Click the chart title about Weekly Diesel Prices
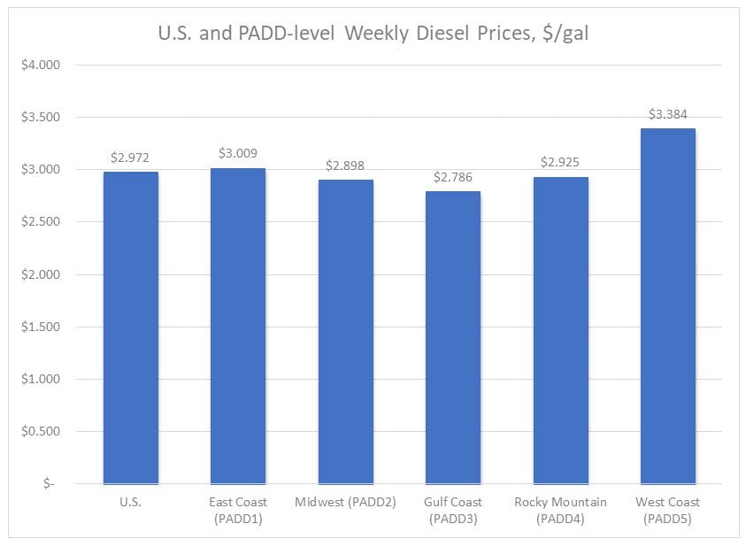click(373, 35)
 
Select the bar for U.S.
click(131, 327)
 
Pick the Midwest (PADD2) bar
click(346, 331)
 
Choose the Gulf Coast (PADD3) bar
click(453, 337)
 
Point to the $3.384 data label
click(668, 114)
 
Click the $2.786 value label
click(453, 177)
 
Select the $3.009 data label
click(238, 153)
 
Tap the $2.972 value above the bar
click(131, 158)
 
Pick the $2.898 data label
click(346, 166)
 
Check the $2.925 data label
click(561, 163)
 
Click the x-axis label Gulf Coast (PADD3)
click(453, 511)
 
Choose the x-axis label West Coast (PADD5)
click(668, 511)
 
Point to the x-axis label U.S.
click(131, 503)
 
